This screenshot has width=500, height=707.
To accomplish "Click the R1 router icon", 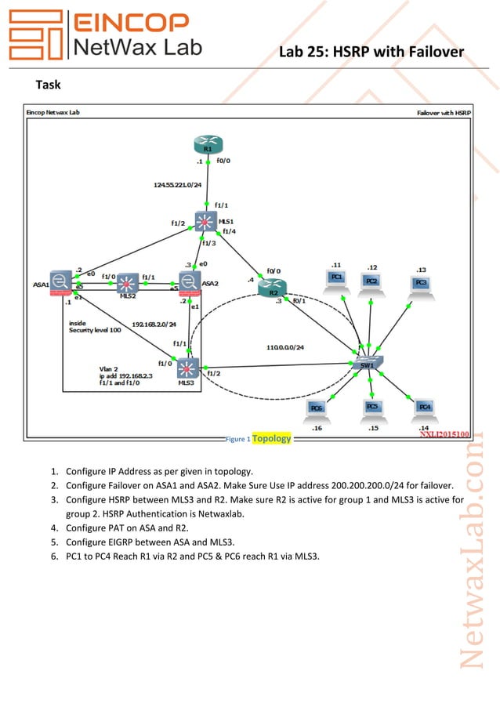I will click(x=207, y=145).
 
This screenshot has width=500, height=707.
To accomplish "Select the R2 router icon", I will click(x=272, y=288).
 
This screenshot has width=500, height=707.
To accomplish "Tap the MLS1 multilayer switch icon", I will click(x=206, y=222).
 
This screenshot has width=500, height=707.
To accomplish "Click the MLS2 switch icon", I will click(x=127, y=283).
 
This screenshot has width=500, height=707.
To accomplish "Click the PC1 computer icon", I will click(x=335, y=280).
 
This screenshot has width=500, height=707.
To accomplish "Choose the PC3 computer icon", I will click(x=421, y=284).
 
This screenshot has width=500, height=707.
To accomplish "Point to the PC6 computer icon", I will click(x=316, y=408).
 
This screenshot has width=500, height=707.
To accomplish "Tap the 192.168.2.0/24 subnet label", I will click(x=154, y=323).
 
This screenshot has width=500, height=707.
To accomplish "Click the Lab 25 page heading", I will click(x=371, y=52).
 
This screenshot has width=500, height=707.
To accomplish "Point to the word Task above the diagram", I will click(x=49, y=84).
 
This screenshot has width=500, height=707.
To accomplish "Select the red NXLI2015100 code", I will click(x=444, y=433).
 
